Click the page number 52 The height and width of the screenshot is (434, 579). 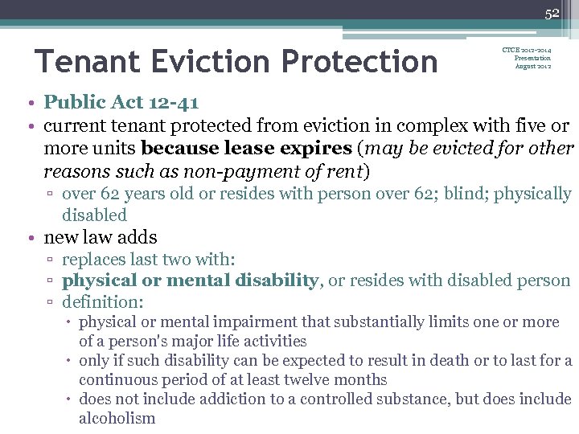[552, 13]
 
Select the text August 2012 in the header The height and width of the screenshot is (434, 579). [532, 66]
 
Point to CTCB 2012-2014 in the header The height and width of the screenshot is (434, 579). [527, 50]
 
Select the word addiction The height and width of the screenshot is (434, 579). [204, 399]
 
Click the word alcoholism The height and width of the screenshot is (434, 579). [117, 418]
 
